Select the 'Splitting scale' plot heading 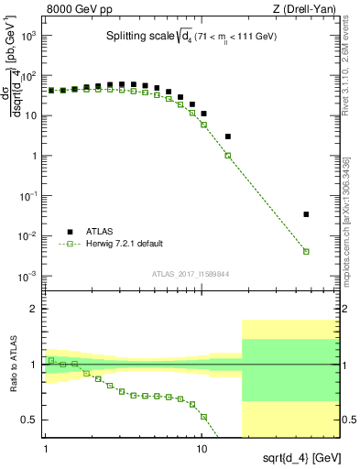click(192, 37)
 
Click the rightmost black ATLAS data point click(306, 214)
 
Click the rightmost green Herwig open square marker click(306, 251)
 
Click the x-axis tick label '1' click(46, 450)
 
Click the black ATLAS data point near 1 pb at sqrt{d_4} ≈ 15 click(228, 136)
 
